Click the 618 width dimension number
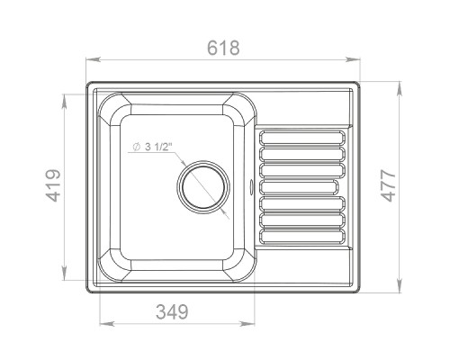pyautogui.click(x=223, y=48)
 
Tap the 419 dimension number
pyautogui.click(x=53, y=185)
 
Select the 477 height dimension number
pyautogui.click(x=388, y=185)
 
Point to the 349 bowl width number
pyautogui.click(x=172, y=311)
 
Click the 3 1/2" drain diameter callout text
pyautogui.click(x=158, y=147)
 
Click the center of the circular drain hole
pyautogui.click(x=203, y=186)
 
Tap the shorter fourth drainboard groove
pyautogui.click(x=299, y=187)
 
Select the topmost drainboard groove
pyautogui.click(x=302, y=138)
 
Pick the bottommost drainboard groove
pyautogui.click(x=302, y=236)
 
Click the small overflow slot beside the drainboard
pyautogui.click(x=251, y=186)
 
